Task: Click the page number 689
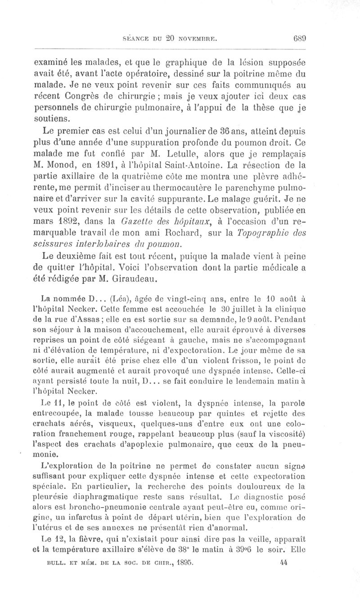point(299,38)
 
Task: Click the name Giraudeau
point(135,280)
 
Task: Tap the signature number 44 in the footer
point(283,562)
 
